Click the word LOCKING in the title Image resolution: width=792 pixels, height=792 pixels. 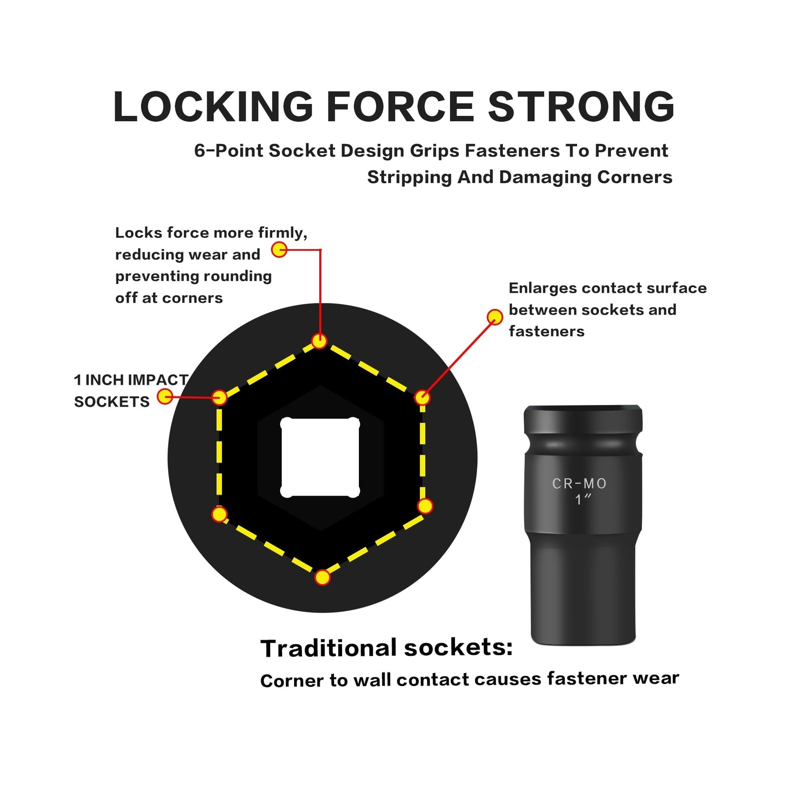click(x=213, y=106)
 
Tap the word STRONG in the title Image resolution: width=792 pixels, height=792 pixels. click(x=582, y=106)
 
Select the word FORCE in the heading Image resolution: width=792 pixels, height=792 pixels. click(x=400, y=106)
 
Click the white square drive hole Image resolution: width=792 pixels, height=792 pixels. click(x=320, y=457)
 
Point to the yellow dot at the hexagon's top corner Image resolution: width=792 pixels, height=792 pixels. click(x=319, y=341)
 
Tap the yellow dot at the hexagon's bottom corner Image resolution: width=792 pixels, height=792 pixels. click(x=322, y=577)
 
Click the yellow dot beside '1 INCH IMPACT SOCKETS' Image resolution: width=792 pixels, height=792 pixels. click(x=165, y=396)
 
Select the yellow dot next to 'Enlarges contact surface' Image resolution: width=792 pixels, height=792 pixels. click(x=495, y=317)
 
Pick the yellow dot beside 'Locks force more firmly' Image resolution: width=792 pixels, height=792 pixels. click(x=279, y=249)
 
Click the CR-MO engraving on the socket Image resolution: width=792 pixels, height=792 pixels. click(x=579, y=483)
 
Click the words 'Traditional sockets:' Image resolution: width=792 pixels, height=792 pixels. click(x=387, y=648)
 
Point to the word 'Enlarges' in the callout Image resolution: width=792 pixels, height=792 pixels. click(x=543, y=289)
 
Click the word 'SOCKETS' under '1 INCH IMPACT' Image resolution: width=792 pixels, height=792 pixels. click(x=112, y=401)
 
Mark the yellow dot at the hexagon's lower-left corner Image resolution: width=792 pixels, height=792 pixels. click(x=219, y=514)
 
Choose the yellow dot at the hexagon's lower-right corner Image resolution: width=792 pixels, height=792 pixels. click(x=425, y=506)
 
